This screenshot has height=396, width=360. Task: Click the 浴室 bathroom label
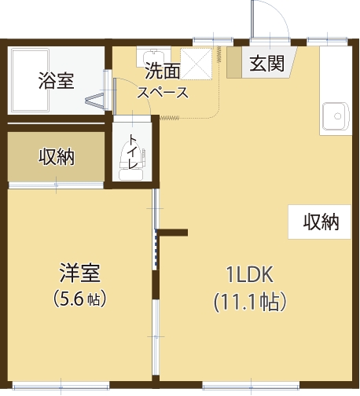[56, 80]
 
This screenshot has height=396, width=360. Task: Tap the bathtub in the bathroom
[31, 80]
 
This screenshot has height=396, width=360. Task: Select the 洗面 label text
[163, 71]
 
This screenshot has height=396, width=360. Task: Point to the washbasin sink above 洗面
[153, 57]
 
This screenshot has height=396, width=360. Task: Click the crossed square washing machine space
[197, 64]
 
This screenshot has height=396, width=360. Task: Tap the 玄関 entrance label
[266, 64]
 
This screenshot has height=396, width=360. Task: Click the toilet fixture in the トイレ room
[131, 162]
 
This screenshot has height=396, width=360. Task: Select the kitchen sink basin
[336, 116]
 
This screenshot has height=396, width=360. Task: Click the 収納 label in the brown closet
[57, 157]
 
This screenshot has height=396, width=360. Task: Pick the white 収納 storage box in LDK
[319, 222]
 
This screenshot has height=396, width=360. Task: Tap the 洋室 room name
[79, 273]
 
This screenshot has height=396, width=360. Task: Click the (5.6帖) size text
[79, 299]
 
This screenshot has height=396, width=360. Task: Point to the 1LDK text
[250, 274]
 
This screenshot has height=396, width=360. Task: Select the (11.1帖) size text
[250, 302]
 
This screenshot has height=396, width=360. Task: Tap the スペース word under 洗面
[163, 93]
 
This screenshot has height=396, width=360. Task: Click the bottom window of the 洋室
[61, 387]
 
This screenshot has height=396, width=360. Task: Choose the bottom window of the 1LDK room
[251, 386]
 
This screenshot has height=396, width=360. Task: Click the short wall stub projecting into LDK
[173, 233]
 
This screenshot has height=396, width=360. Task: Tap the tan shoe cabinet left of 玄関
[234, 62]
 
